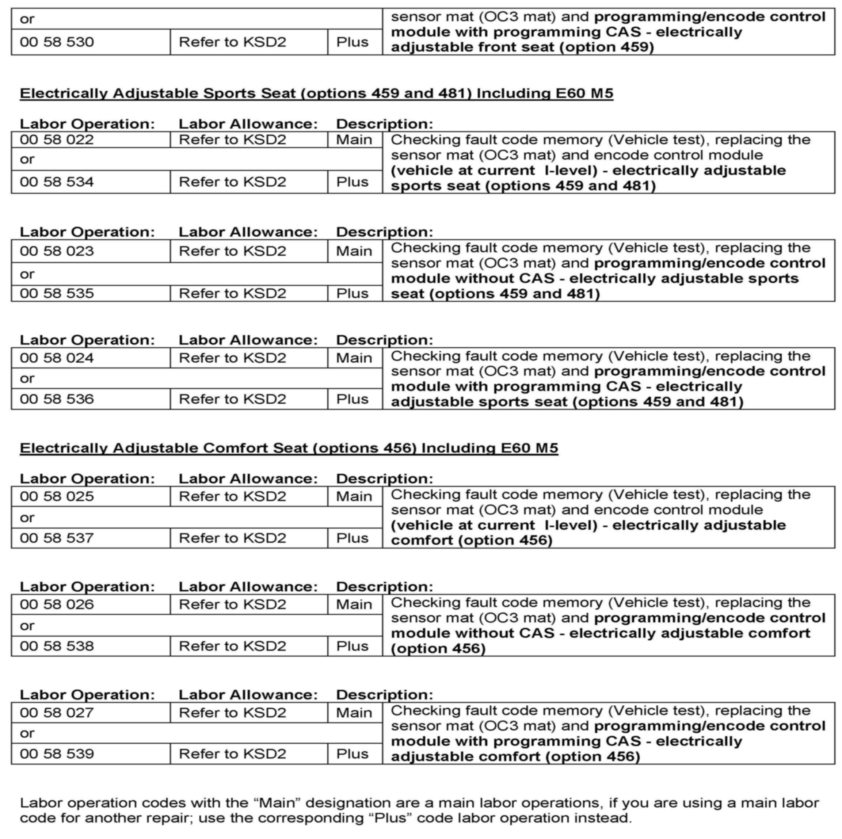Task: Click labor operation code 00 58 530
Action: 57,42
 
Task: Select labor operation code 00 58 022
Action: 57,140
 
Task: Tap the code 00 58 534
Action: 57,182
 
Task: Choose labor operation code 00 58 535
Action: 57,293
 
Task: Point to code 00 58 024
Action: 57,358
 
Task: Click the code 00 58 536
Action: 57,399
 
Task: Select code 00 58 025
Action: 57,496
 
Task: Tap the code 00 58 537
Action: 57,538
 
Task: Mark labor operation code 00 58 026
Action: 57,604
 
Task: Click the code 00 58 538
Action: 57,645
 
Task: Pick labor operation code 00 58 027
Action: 57,713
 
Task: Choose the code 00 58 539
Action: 57,754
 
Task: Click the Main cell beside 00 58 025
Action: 354,496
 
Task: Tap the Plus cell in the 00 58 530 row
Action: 352,42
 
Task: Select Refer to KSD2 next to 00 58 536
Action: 232,399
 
